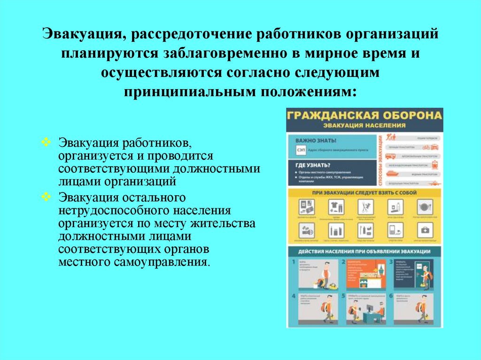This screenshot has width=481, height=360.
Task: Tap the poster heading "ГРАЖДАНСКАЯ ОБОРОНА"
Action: [365, 116]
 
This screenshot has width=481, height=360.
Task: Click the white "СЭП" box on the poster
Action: [300, 150]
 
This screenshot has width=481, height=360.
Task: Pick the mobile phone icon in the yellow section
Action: [394, 230]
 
